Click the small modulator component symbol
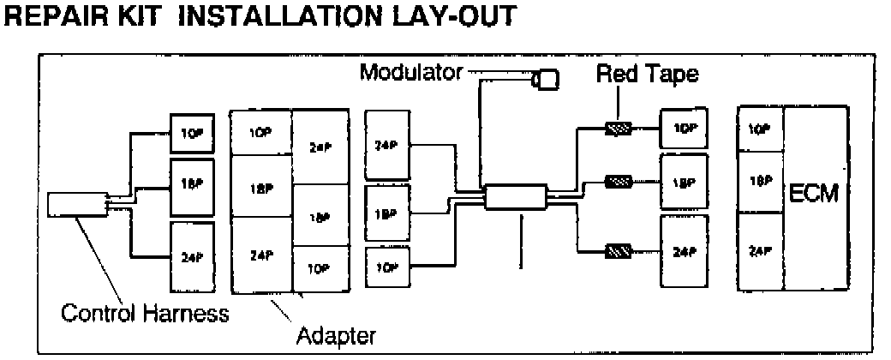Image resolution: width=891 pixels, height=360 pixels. point(546,80)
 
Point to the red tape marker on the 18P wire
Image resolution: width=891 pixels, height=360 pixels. point(618,182)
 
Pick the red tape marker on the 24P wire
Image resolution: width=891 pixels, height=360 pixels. point(618,252)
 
